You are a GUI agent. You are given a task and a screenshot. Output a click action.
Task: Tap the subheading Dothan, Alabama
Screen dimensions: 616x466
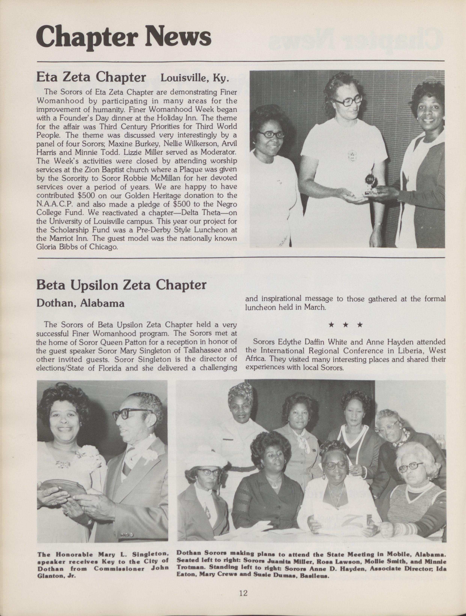click(80, 303)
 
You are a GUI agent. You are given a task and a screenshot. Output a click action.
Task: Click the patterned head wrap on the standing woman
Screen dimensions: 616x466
click(240, 394)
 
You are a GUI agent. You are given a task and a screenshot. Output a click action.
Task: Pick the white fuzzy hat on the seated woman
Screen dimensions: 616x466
click(205, 452)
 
